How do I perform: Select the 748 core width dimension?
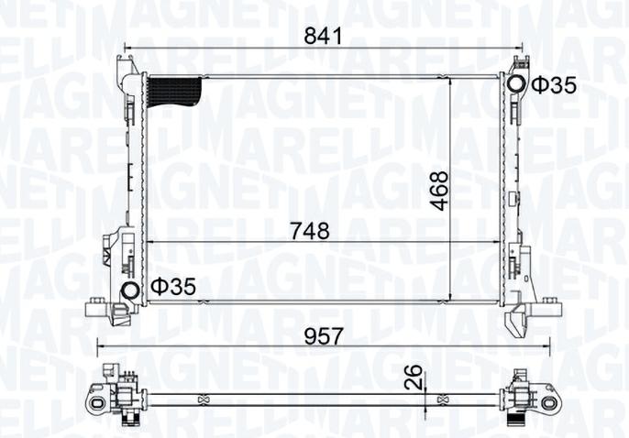(x=311, y=231)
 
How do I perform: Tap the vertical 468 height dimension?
(x=440, y=190)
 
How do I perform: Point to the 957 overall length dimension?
(x=324, y=335)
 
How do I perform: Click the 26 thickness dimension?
(x=415, y=376)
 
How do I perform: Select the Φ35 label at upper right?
(x=554, y=85)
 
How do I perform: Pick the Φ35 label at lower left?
(x=174, y=287)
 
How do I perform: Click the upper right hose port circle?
(x=516, y=85)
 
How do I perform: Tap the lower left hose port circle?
(x=130, y=292)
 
